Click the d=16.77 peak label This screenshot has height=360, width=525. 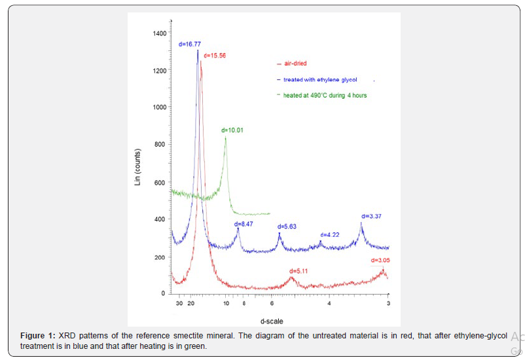[x=189, y=45]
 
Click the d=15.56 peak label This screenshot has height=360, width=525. [x=215, y=55]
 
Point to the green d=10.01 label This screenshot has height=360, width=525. [x=232, y=130]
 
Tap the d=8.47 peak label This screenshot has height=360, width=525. [x=244, y=224]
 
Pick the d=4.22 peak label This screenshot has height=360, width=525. [x=330, y=234]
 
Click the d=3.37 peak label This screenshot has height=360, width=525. [x=371, y=216]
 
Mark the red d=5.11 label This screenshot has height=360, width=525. [x=299, y=270]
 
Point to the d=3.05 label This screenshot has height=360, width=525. [x=379, y=261]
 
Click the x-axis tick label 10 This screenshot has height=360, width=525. [x=226, y=304]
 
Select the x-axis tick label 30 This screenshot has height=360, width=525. [x=179, y=304]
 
